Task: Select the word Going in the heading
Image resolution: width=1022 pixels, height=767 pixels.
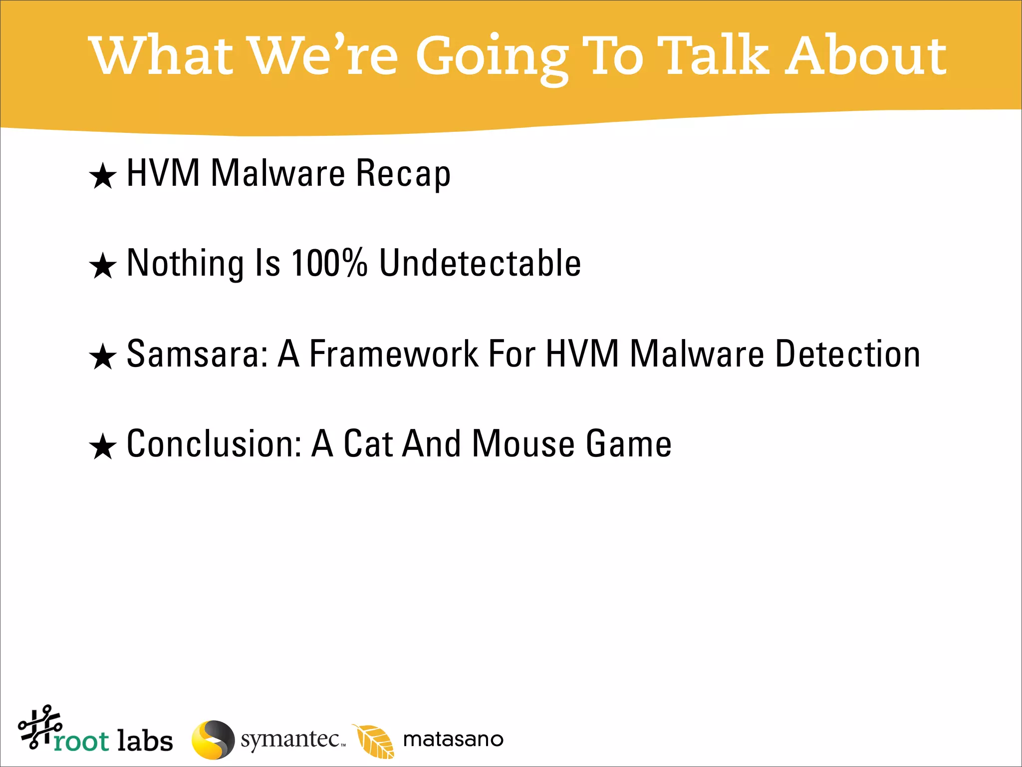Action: click(492, 57)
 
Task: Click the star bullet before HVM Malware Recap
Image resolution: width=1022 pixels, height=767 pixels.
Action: click(103, 176)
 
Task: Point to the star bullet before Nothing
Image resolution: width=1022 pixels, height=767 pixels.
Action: click(103, 266)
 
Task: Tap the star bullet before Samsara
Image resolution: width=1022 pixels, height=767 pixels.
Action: click(103, 357)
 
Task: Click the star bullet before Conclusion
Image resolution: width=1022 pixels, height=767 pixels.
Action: click(103, 446)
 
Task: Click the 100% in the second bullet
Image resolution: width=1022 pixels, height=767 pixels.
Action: click(329, 263)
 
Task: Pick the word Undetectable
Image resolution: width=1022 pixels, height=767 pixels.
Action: click(480, 263)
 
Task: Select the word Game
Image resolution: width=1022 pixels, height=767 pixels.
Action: click(629, 444)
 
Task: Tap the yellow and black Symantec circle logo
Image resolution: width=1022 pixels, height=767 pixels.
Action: click(213, 740)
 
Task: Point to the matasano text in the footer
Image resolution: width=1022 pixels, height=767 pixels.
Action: click(453, 740)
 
